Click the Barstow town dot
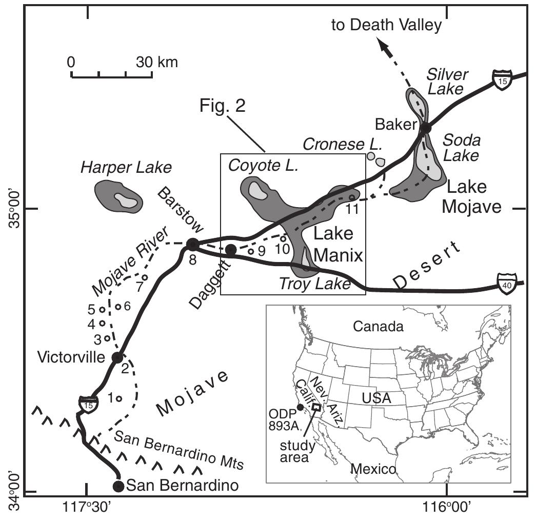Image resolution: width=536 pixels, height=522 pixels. [192, 244]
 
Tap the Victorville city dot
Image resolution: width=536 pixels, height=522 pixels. [117, 357]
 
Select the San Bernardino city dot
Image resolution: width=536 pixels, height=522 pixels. [118, 485]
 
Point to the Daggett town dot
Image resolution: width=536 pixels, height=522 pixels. [231, 250]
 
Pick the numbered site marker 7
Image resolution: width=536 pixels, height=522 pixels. [145, 277]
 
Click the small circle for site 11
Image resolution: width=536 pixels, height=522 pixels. [352, 197]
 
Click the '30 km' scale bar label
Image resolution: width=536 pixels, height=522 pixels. [156, 63]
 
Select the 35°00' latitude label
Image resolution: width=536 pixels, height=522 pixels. [12, 209]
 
